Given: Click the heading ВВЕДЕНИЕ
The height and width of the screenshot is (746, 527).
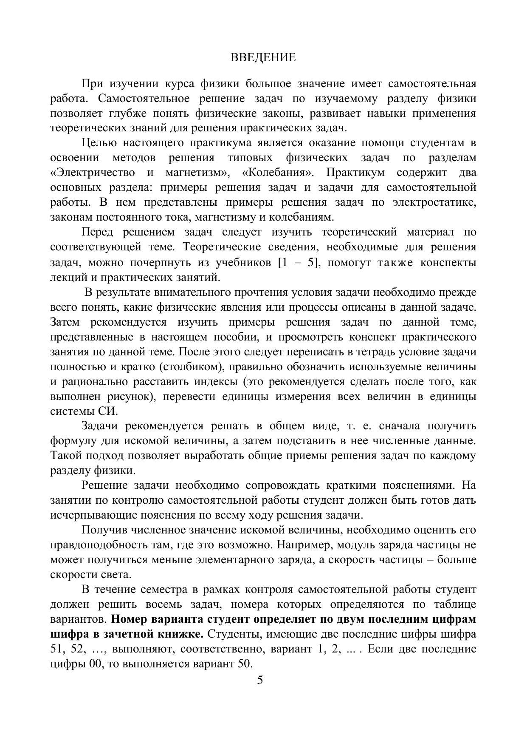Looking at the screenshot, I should point(263,58).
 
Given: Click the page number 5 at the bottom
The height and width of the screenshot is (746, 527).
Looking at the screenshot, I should point(260,680).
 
